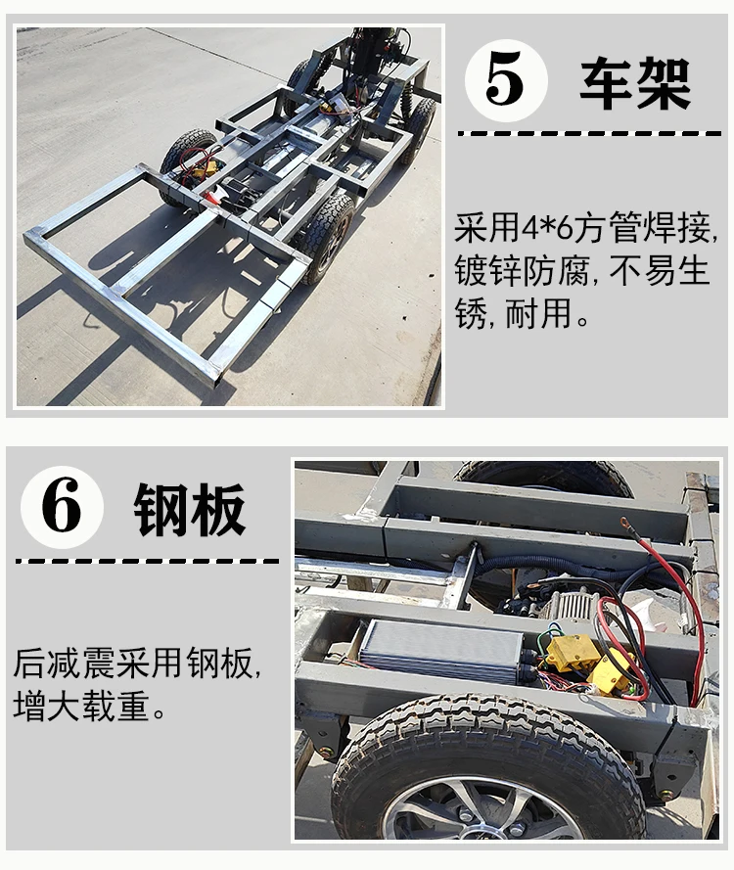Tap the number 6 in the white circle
click(x=61, y=507)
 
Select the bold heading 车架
click(x=635, y=83)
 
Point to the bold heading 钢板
click(x=189, y=509)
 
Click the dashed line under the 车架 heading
click(x=589, y=134)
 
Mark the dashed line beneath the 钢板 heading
click(x=147, y=561)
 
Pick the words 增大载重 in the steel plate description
click(x=81, y=707)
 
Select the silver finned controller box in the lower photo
click(x=440, y=650)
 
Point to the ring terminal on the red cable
click(x=625, y=523)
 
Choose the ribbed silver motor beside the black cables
click(x=572, y=604)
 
